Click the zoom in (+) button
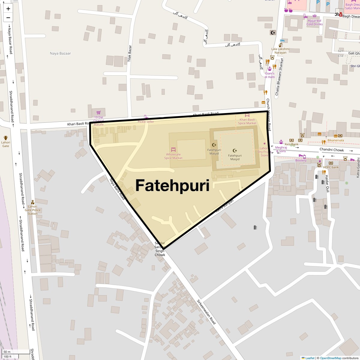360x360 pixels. point(8,9)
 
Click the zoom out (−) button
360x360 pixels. point(8,17)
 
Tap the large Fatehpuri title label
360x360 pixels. point(172,185)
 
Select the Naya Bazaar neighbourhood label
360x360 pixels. point(60,53)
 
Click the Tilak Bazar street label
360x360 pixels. point(130,54)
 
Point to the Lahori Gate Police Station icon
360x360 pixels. point(33,202)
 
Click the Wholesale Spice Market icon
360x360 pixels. point(173,149)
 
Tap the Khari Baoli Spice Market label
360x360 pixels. point(247,121)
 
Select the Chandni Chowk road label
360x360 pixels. point(331,150)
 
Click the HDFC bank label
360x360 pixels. point(331,167)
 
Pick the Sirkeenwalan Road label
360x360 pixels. point(206,312)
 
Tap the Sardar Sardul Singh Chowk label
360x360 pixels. point(160,249)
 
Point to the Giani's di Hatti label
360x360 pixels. point(270,75)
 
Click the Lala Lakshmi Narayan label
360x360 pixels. point(280,51)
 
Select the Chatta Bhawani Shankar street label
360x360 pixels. point(279,76)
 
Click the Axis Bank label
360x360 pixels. point(292,144)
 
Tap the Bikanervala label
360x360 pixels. point(336,140)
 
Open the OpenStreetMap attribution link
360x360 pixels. point(330,358)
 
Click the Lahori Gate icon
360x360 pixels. point(5,138)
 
